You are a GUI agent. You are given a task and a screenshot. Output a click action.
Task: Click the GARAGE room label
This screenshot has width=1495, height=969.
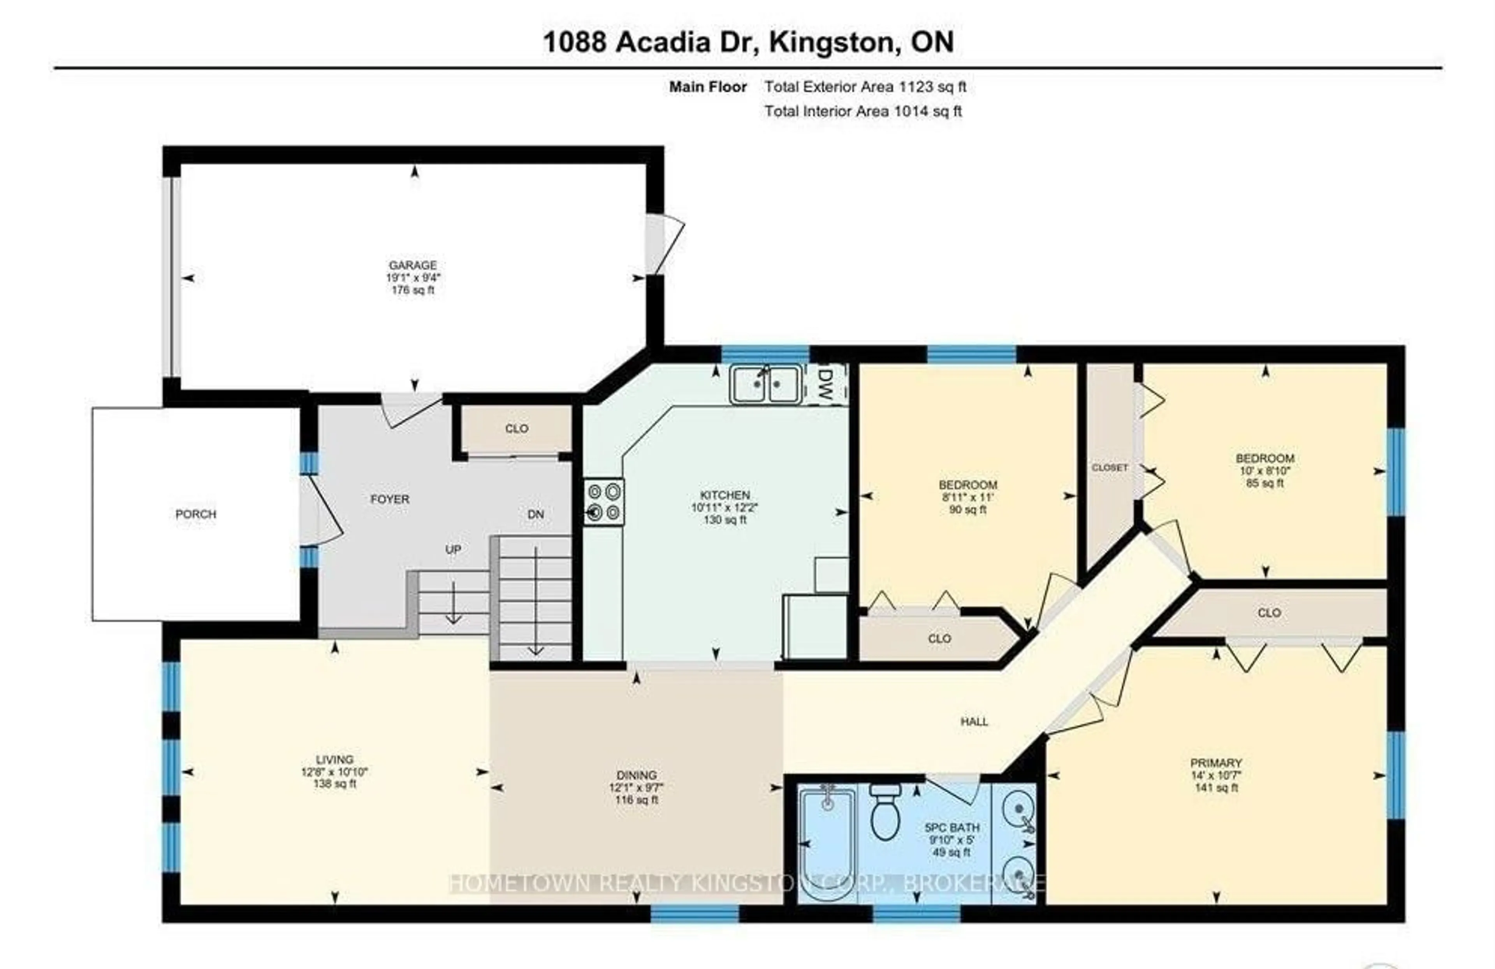(x=413, y=265)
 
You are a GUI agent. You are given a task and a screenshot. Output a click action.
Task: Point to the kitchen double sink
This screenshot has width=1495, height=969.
(x=765, y=383)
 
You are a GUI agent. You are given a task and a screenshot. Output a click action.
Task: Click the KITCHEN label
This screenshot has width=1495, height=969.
(x=725, y=495)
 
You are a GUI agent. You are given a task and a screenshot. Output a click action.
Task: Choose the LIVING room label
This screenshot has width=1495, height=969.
(x=335, y=759)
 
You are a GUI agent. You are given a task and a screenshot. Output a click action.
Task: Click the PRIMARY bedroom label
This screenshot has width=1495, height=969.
(x=1216, y=763)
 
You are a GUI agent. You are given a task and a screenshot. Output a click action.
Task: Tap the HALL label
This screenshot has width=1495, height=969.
(x=974, y=721)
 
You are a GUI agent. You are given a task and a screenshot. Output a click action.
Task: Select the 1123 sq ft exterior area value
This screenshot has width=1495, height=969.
(x=932, y=87)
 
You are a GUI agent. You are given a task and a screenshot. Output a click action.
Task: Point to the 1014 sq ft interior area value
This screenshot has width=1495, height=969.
(x=928, y=111)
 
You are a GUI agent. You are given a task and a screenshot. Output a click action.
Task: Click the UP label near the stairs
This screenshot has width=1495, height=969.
(x=453, y=549)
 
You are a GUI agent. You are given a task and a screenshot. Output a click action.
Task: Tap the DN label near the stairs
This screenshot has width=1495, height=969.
(x=535, y=514)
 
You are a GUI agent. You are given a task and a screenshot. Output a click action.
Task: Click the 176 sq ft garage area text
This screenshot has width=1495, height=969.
(x=413, y=290)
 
